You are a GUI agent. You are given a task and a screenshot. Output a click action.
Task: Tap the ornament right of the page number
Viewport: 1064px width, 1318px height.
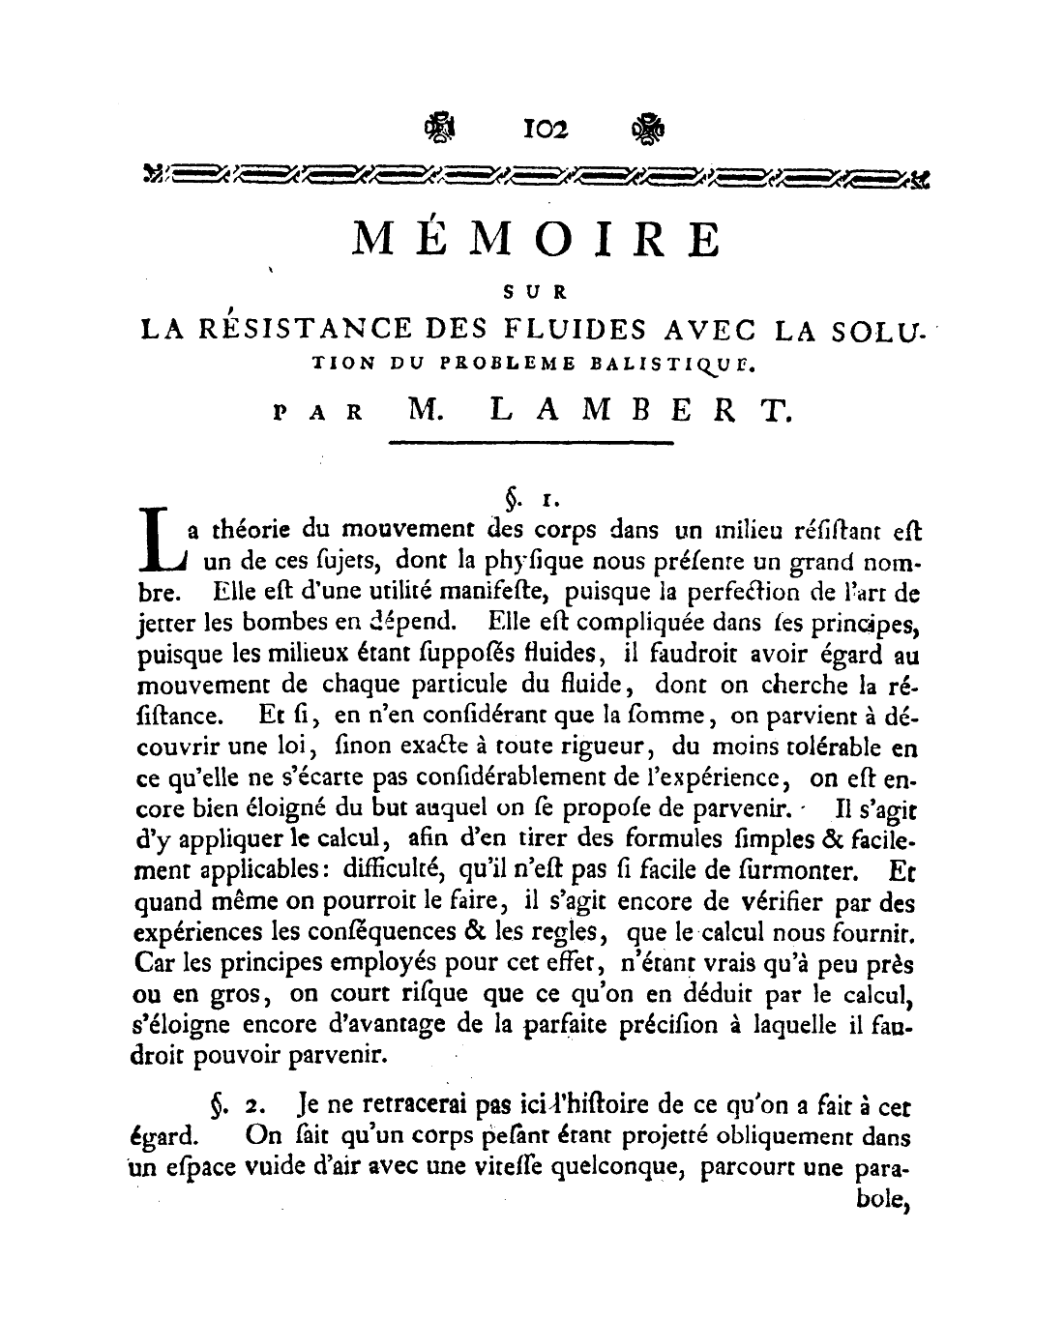click(645, 128)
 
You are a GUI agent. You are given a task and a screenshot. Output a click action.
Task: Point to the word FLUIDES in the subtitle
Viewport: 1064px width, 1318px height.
click(572, 329)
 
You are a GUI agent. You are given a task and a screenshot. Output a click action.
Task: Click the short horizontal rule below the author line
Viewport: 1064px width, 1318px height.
click(529, 444)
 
